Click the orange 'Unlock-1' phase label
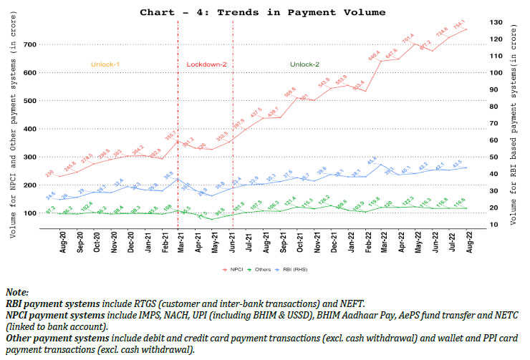(105, 64)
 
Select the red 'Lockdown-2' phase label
(206, 64)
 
